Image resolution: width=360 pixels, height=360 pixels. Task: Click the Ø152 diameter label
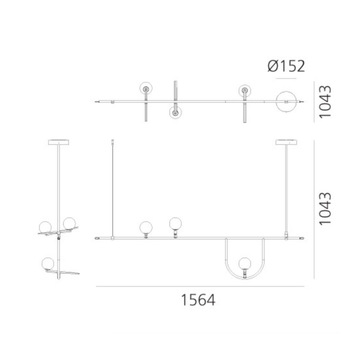point(286,66)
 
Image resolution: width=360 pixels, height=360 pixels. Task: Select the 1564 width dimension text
point(198,300)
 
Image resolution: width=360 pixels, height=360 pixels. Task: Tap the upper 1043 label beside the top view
point(325,101)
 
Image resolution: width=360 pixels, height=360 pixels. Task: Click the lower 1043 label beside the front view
point(325,209)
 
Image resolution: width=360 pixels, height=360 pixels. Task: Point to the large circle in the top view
point(286,102)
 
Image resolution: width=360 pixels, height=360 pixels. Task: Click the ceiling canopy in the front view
point(286,142)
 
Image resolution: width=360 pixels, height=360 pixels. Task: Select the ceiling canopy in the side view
point(58,142)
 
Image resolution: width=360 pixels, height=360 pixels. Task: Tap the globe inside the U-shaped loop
point(245,263)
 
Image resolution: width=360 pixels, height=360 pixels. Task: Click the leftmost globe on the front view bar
point(146,227)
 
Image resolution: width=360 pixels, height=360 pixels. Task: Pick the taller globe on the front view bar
point(175,223)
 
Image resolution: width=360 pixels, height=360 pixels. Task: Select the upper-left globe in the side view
point(46,226)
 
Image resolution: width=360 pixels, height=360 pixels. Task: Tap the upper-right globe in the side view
point(69,223)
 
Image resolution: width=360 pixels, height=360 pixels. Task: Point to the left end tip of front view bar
point(96,238)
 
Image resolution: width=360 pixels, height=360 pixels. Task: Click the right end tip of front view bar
point(302,238)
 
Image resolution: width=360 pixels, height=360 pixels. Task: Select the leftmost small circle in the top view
point(146,89)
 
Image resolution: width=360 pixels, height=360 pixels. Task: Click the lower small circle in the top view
point(175,112)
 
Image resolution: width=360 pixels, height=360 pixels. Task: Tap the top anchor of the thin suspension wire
point(113,141)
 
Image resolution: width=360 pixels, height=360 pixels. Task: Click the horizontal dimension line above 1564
point(200,287)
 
